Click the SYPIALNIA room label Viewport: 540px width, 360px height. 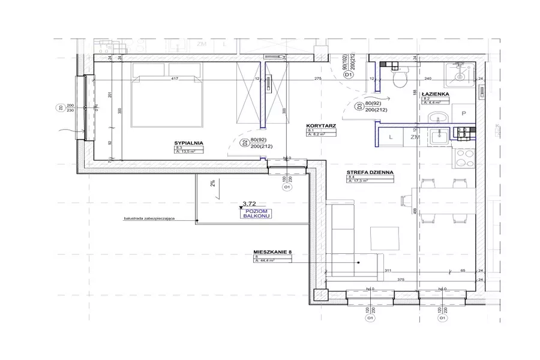[189, 143]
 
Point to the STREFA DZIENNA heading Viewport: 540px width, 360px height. [370, 172]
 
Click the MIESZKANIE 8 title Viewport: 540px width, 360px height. [272, 252]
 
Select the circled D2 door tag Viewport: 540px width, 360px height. [244, 143]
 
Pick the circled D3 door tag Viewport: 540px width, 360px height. [359, 107]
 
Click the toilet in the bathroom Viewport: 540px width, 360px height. [399, 77]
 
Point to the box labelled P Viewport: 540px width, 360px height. [463, 113]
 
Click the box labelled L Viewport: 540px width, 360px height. [391, 137]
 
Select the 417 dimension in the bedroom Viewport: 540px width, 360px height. [175, 79]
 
